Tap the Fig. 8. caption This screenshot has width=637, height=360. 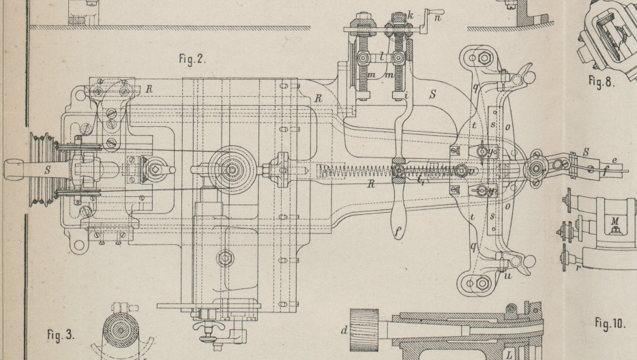(601, 83)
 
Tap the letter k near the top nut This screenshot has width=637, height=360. (411, 14)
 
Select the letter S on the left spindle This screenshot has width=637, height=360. (47, 170)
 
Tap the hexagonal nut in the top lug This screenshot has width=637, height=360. (484, 58)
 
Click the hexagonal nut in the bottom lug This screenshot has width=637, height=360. (482, 282)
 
